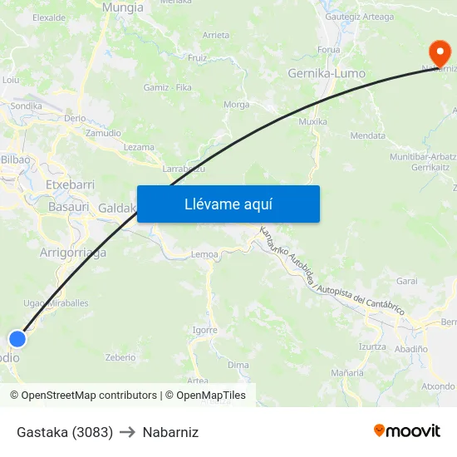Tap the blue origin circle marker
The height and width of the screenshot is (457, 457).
coord(17,338)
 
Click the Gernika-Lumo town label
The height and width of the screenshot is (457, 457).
coord(326,73)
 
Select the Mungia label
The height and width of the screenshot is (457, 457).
coord(122,7)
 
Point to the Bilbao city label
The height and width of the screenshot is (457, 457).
coord(15,159)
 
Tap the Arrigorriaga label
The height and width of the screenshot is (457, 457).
coord(73,253)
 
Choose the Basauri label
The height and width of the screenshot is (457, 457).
coord(68,206)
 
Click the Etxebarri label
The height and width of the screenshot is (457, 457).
coord(70,184)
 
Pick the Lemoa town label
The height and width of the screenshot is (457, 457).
coord(204,254)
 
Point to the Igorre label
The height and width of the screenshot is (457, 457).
coord(204,330)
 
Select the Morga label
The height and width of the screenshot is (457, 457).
coord(237,105)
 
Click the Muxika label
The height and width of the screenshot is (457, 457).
coord(312,121)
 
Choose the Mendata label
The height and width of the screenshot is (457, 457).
coord(367,135)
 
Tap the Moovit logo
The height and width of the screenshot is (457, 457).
coord(406,430)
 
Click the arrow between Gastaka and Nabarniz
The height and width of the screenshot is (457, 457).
coord(127,432)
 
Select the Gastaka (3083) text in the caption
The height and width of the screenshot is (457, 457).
coord(65,432)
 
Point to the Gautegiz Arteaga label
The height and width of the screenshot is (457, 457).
coord(360,17)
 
